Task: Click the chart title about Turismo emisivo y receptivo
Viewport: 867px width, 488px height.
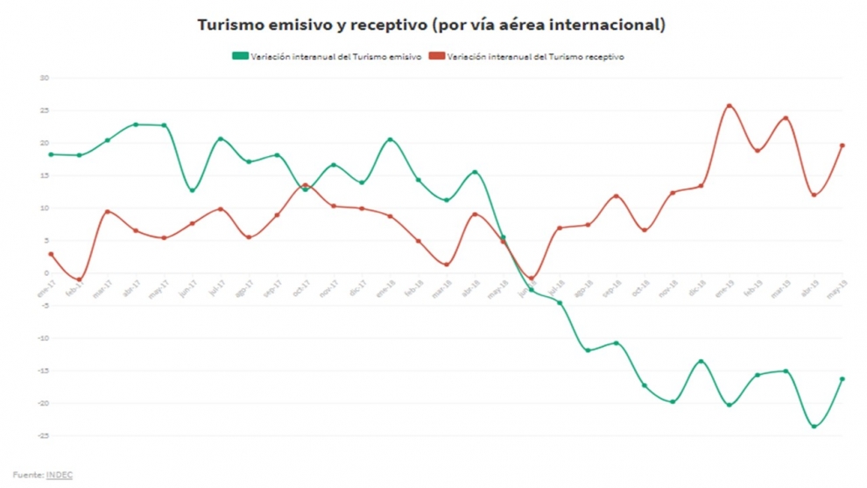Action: [431, 25]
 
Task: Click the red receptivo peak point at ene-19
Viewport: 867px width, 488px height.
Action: [729, 106]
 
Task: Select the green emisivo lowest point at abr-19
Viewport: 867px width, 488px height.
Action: [814, 427]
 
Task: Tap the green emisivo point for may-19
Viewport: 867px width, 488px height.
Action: [842, 379]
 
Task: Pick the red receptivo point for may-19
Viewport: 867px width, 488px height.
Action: [842, 145]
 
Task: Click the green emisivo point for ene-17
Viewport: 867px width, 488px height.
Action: [51, 154]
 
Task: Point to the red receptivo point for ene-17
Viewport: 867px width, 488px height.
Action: [51, 254]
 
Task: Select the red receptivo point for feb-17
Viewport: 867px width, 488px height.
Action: [79, 279]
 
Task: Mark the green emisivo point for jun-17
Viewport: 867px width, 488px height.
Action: [192, 190]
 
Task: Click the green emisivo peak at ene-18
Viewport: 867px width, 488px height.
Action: [390, 139]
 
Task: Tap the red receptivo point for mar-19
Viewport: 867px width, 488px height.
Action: [786, 118]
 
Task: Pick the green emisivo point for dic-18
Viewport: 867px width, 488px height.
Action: [701, 361]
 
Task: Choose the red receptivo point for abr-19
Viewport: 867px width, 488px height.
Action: [814, 194]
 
